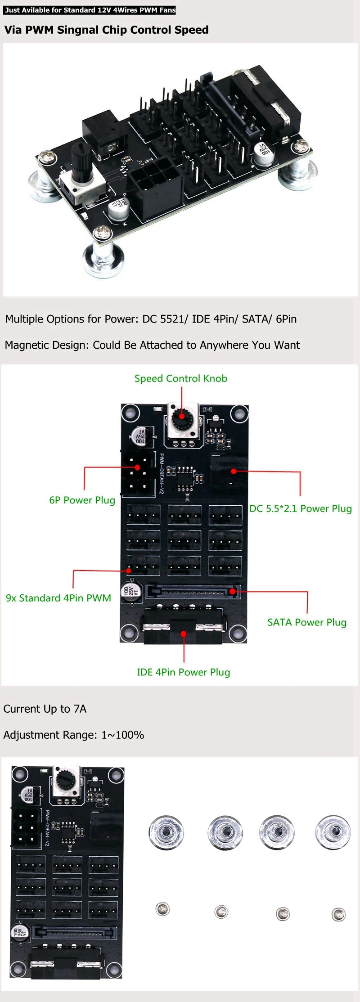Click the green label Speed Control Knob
coord(180,378)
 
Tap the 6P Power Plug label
coord(82,500)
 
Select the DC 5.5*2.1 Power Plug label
coord(300,508)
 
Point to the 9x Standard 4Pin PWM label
coord(58,598)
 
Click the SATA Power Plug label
coord(306,622)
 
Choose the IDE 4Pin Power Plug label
coord(183,672)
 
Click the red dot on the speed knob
coord(182,416)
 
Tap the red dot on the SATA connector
coord(232,591)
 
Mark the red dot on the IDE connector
coord(184,634)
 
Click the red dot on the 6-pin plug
coord(138,467)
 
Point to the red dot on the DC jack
coord(234,471)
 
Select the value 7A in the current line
coord(80,709)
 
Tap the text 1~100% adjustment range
coord(122,735)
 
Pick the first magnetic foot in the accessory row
coord(166,833)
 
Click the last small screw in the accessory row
coord(338,914)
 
